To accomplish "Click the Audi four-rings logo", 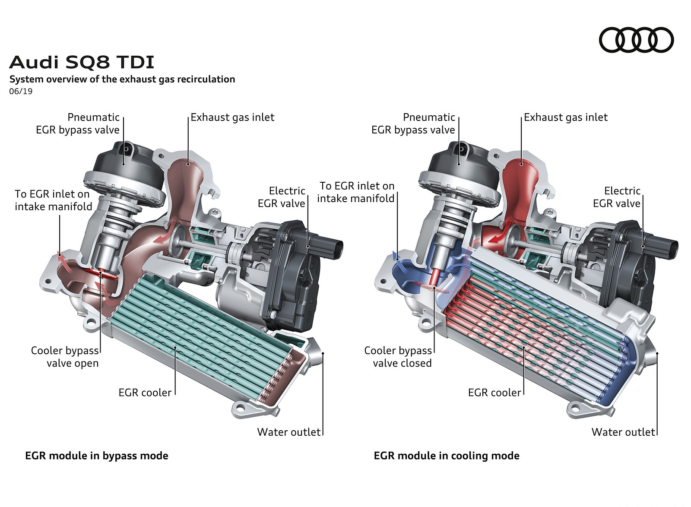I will point(636,40).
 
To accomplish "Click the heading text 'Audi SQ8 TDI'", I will point(82,63).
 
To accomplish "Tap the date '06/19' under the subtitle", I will point(21,92).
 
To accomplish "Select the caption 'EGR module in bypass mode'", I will point(97,456).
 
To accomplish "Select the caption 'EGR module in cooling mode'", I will point(447,456).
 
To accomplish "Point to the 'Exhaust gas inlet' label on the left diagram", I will point(232,117).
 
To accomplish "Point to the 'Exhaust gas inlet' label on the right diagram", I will point(566,117).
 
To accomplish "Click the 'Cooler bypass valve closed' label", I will point(398,357).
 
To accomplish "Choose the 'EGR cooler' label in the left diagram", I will point(145,393).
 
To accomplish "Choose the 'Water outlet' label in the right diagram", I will point(623,432).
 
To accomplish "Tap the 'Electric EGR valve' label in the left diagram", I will point(282,197).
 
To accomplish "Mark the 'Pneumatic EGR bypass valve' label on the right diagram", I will point(413,124).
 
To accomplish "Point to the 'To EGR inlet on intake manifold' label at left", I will point(53,200).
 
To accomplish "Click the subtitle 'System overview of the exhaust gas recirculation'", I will point(122,79).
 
